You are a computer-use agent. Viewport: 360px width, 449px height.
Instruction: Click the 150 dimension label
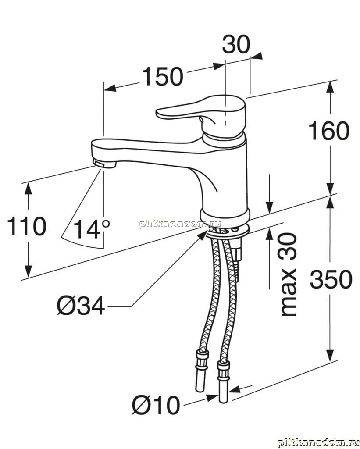point(162,76)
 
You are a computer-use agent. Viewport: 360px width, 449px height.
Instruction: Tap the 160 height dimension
point(329,131)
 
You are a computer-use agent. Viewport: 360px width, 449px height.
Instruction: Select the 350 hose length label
point(331,279)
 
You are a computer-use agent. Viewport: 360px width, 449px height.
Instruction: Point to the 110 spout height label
point(26,226)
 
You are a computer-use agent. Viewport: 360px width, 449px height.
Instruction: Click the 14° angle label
point(92,229)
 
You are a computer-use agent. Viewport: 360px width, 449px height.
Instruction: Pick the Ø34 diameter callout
point(81,306)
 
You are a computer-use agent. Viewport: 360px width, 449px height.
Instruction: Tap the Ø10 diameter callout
point(157,405)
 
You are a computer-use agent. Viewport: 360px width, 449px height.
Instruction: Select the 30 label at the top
point(236,44)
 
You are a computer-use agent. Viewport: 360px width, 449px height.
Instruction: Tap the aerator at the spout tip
point(104,164)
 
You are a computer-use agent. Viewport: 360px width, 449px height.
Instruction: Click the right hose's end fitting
point(223,382)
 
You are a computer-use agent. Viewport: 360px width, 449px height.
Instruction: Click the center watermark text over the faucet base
point(180,224)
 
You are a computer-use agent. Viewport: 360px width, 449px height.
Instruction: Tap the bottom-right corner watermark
point(317,442)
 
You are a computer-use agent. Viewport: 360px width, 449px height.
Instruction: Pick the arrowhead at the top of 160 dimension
point(330,86)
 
